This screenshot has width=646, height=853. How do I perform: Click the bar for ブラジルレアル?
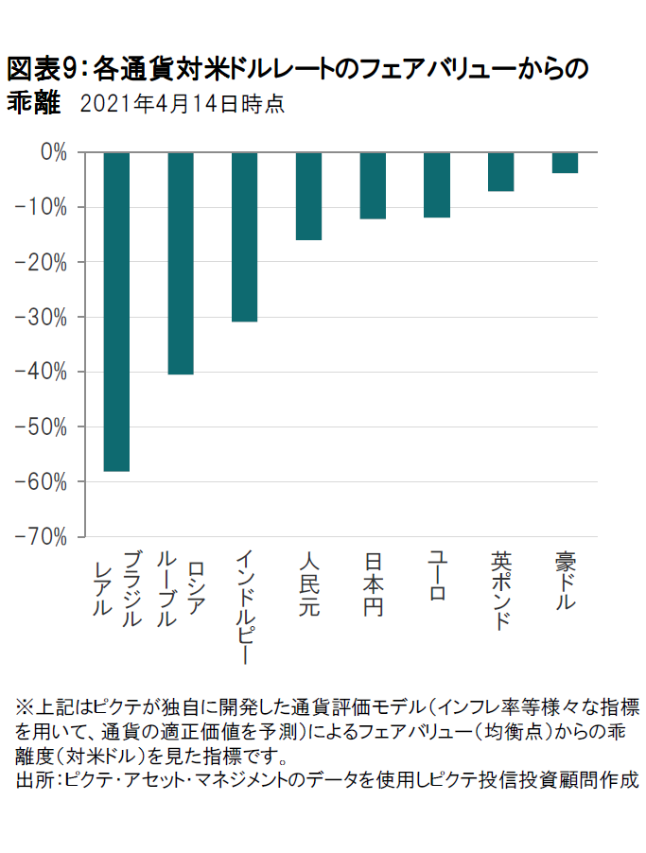coord(116,311)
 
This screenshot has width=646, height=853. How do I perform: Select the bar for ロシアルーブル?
coord(181,263)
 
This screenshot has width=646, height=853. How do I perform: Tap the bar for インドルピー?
coord(245,236)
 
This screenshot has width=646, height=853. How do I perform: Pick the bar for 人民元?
coord(309,196)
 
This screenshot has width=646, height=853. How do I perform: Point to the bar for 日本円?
coord(374,185)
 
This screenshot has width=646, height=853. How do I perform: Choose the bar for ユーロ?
coord(437,184)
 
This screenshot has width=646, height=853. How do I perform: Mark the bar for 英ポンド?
coord(501,171)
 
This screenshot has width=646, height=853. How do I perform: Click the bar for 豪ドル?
coord(566,163)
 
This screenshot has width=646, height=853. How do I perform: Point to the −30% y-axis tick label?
coord(44,317)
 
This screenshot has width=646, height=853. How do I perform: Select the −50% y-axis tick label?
coord(44,426)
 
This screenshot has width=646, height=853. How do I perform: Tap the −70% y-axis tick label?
coord(44,536)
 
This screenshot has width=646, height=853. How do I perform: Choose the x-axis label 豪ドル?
coord(566,580)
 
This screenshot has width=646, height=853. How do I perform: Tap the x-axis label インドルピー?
coord(245,606)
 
